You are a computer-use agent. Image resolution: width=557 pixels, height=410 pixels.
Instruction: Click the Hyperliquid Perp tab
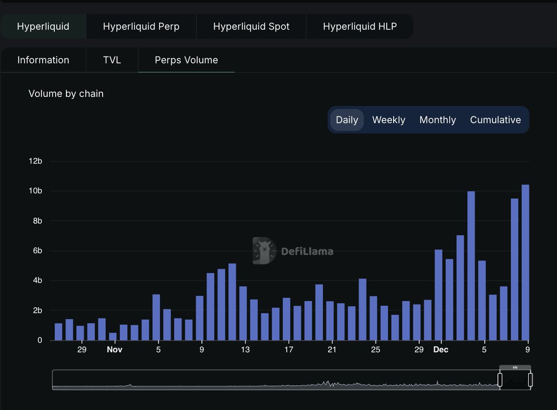pos(141,26)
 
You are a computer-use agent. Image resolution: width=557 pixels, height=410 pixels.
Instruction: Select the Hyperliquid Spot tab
pos(251,26)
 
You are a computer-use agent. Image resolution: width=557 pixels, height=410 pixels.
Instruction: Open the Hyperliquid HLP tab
pos(360,26)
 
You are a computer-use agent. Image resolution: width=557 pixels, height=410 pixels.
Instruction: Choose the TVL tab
pos(112,60)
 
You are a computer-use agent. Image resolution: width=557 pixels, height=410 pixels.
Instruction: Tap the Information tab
pos(43,60)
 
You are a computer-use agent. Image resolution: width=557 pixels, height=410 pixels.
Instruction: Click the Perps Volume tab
pos(186,60)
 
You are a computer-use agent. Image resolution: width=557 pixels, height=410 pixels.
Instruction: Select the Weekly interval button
pos(389,120)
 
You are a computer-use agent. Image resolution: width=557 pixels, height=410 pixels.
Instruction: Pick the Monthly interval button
pos(437,120)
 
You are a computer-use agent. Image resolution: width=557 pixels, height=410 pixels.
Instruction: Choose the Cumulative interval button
pos(495,120)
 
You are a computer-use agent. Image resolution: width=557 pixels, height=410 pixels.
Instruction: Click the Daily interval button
pos(347,120)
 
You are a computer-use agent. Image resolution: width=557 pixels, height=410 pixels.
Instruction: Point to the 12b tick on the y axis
pos(36,161)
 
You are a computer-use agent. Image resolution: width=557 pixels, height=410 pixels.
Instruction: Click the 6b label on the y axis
pos(36,250)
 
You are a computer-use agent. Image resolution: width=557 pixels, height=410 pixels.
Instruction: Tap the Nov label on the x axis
pos(114,350)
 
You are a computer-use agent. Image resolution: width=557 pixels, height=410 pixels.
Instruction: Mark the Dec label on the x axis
pos(440,350)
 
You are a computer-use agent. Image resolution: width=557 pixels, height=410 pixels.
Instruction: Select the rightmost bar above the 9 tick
pos(525,263)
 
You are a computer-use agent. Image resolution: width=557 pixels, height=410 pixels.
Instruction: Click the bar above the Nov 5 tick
pos(156,317)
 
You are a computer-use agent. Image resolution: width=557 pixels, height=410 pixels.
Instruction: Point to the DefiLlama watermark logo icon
pos(264,251)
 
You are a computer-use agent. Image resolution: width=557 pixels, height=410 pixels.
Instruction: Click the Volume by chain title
pos(66,94)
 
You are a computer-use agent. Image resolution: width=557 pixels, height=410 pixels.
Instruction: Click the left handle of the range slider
pos(500,380)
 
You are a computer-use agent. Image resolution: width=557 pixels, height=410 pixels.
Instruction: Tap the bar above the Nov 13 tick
pos(243,313)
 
